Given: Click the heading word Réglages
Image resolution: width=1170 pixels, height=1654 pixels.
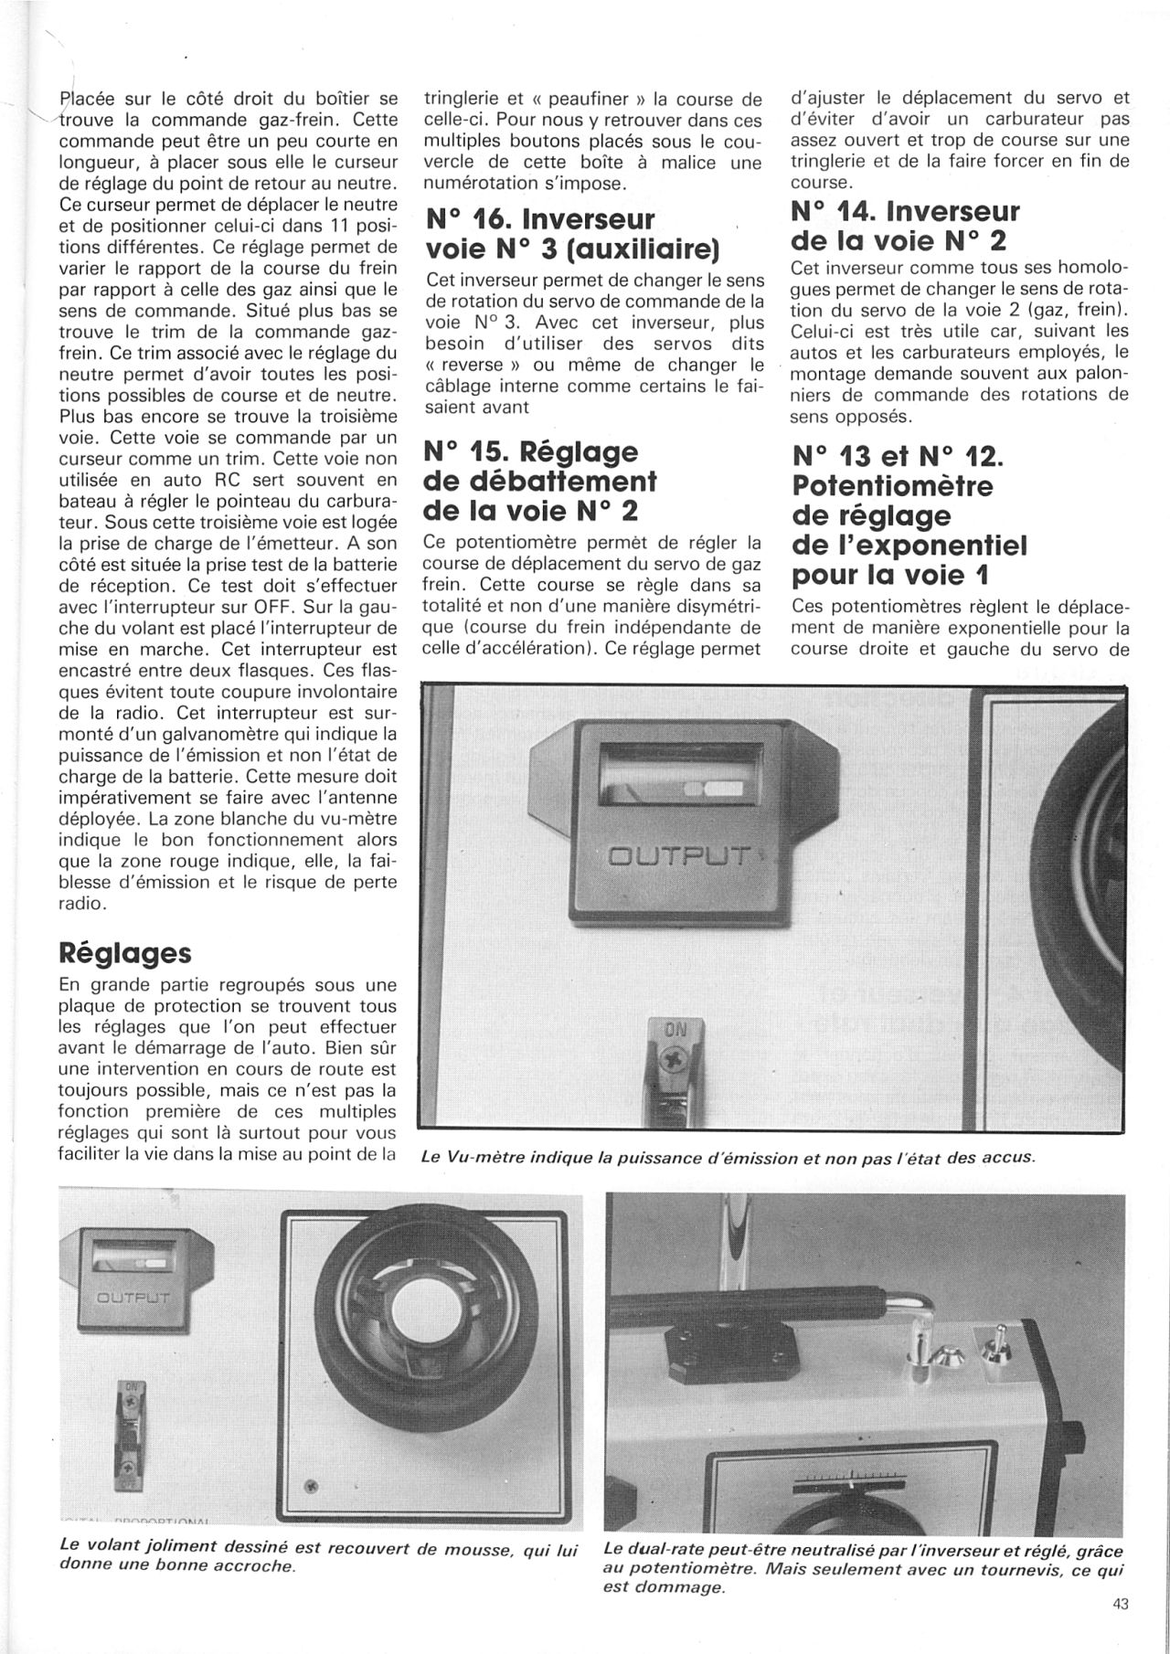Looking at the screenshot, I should click(125, 953).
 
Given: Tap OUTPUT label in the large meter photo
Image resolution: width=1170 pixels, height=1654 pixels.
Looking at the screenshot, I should click(679, 857).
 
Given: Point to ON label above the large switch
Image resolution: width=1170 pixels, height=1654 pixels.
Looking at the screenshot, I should click(675, 1030).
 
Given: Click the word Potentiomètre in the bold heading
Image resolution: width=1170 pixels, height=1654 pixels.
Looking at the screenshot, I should click(892, 485).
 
